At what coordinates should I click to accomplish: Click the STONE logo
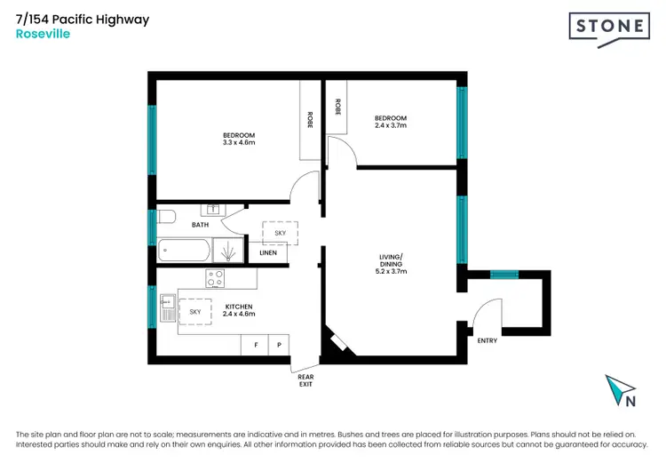(x=608, y=28)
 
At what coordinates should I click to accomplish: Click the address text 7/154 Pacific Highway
(x=83, y=20)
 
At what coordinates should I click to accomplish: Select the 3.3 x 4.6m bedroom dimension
(x=238, y=142)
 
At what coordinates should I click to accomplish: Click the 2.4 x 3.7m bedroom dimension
(x=390, y=126)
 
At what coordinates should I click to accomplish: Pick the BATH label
(x=200, y=225)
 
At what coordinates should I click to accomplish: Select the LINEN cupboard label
(x=268, y=252)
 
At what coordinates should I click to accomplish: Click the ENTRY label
(x=488, y=340)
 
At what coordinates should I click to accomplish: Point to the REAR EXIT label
(x=305, y=380)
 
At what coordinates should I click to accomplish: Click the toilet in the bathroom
(x=166, y=218)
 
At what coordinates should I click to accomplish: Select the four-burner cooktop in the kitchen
(x=215, y=278)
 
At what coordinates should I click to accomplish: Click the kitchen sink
(x=166, y=309)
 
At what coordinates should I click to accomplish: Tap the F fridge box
(x=255, y=344)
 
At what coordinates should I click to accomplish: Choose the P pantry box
(x=280, y=344)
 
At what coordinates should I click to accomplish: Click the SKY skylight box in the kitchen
(x=194, y=312)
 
